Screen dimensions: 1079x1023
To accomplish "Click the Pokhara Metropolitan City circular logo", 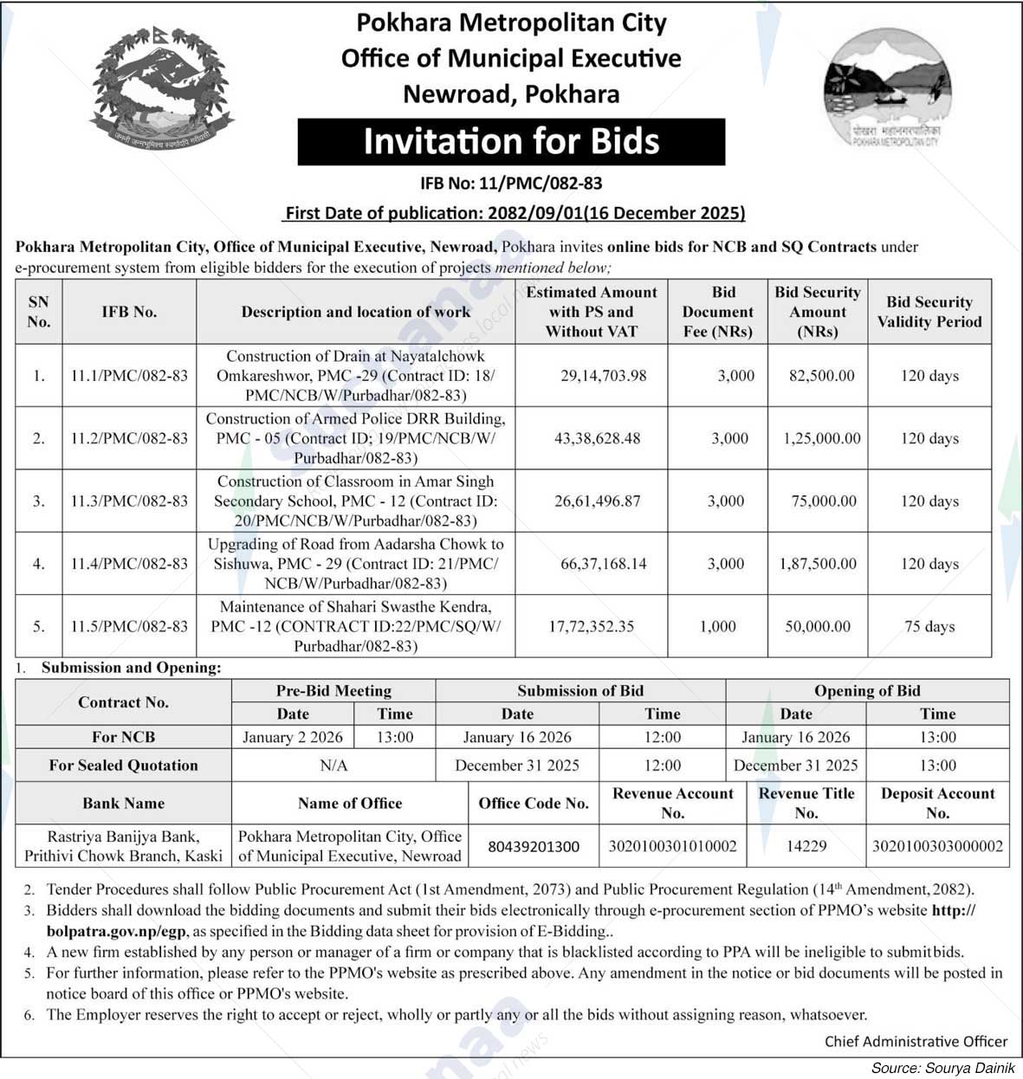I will tap(886, 87).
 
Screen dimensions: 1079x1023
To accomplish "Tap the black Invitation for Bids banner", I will tap(511, 142).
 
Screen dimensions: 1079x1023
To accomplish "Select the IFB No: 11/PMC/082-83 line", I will tap(511, 184).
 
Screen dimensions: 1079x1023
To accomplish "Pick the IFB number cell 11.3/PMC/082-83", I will tap(129, 501).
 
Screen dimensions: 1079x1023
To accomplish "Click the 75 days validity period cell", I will tap(929, 626).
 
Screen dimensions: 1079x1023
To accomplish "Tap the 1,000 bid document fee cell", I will tap(718, 626).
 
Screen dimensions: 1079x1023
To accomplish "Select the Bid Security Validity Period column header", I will tap(929, 312).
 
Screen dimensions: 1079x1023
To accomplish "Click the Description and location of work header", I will tap(356, 312).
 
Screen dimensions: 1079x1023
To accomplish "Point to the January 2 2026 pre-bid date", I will tap(293, 738).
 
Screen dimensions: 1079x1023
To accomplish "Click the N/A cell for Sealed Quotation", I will tap(333, 766).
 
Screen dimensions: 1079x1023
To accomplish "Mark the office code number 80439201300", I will tap(534, 846).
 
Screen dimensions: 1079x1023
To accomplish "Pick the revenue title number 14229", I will tap(806, 846).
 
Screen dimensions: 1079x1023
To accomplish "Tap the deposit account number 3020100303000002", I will tap(937, 846).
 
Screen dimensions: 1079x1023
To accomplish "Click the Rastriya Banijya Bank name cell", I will tap(124, 846).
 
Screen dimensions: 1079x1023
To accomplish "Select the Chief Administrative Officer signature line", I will tap(916, 1042).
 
